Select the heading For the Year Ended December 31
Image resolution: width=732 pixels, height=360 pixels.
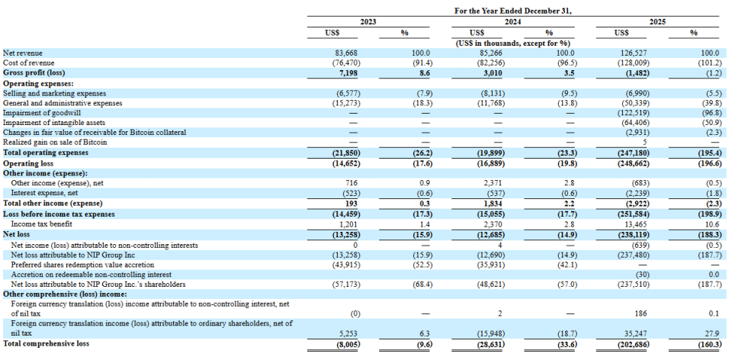(512, 10)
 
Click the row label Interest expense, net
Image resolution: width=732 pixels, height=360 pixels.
(44, 193)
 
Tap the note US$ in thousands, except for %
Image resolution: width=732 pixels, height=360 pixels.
(512, 43)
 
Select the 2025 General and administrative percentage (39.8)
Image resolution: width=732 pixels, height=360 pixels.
(711, 103)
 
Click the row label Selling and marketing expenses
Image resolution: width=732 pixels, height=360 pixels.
(54, 93)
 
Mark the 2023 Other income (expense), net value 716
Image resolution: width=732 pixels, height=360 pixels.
(365, 183)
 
